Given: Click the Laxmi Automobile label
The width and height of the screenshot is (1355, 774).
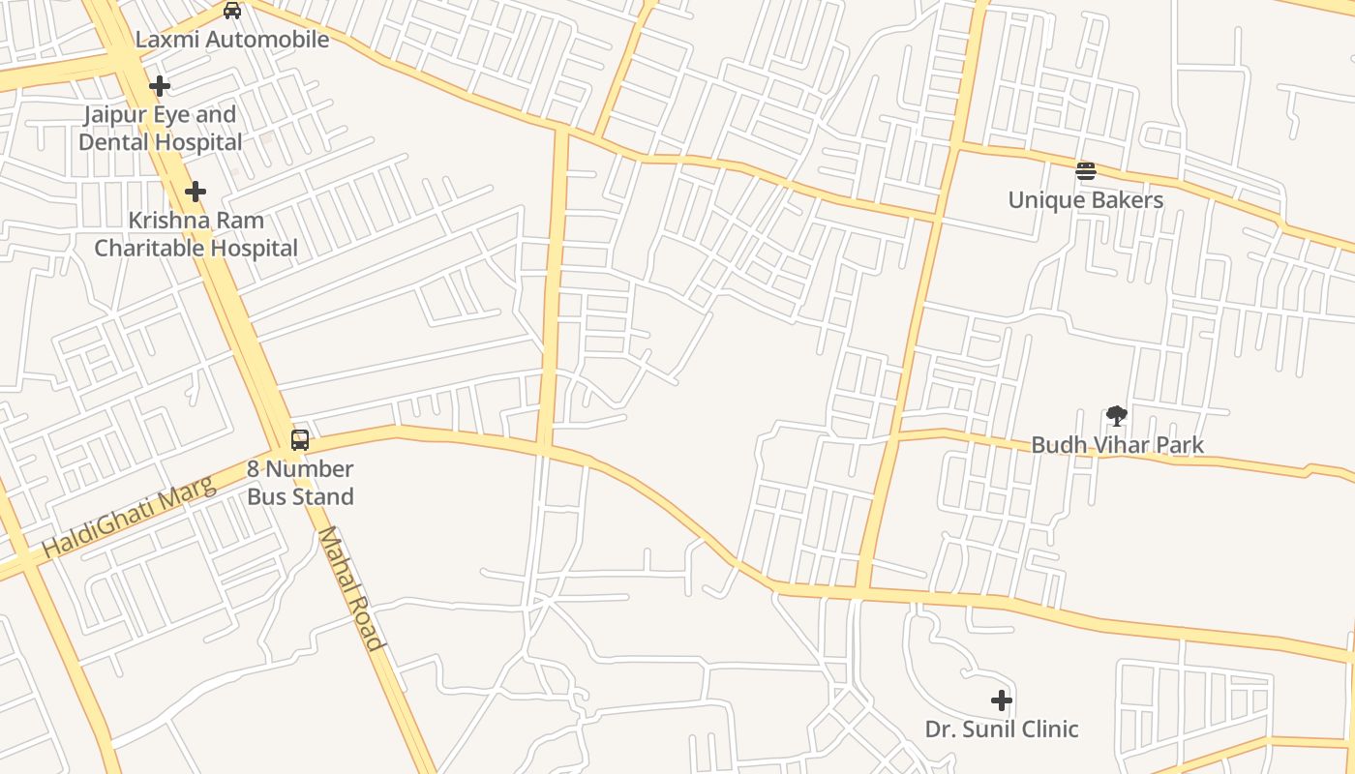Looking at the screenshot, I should coord(232,40).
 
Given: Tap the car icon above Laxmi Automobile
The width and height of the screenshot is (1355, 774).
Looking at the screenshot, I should coord(232,11).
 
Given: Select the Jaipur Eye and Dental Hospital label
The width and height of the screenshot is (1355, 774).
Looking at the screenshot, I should coord(161,129).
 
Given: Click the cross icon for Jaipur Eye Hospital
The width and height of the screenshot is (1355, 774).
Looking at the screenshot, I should coord(160,86).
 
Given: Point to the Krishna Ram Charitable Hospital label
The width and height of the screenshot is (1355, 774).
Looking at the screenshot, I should coord(196,234).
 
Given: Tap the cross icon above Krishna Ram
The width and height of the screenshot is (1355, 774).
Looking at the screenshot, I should coord(196,192).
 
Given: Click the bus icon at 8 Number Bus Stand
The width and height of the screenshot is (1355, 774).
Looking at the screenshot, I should coord(300,440).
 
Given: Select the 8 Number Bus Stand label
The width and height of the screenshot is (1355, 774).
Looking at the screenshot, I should coord(300,483).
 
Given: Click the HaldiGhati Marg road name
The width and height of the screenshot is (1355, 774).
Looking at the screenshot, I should coord(128,518).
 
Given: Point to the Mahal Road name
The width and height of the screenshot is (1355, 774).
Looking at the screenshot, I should coord(350,588).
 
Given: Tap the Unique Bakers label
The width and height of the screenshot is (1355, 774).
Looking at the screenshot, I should coord(1086,200).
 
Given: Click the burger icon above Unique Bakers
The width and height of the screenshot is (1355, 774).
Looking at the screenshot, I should coord(1086,172).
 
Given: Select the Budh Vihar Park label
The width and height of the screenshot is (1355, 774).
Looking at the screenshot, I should coord(1117,445).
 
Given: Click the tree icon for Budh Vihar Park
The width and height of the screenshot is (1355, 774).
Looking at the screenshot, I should coord(1117,416).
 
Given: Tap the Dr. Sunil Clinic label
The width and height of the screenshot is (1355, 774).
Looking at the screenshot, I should coord(1002,729).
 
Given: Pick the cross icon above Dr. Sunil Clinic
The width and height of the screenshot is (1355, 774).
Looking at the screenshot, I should coord(1002,700).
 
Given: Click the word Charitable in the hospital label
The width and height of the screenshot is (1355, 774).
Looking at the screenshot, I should coord(148,249).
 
